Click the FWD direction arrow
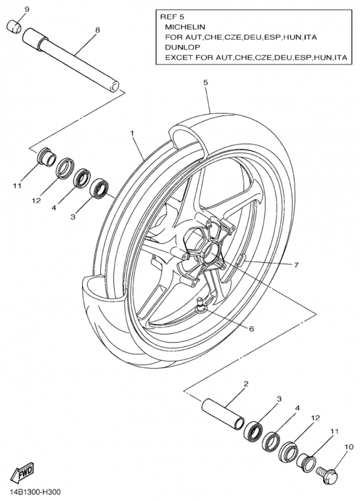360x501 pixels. click(x=23, y=472)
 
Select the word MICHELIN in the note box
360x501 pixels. click(x=185, y=26)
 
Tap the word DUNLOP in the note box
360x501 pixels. click(x=182, y=48)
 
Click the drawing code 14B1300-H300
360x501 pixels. click(x=31, y=492)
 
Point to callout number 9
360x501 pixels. click(x=27, y=9)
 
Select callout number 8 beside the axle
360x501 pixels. click(x=98, y=29)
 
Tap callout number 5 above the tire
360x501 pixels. click(x=205, y=83)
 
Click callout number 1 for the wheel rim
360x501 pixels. click(x=132, y=133)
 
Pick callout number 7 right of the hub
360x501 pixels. click(x=296, y=265)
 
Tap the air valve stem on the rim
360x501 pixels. click(x=201, y=303)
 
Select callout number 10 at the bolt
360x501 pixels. click(x=349, y=447)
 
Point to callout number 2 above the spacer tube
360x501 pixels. click(x=246, y=384)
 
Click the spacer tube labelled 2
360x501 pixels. click(x=223, y=414)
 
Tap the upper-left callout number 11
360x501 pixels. click(x=18, y=185)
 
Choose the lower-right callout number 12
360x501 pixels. click(x=315, y=418)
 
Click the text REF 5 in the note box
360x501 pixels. click(x=172, y=16)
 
